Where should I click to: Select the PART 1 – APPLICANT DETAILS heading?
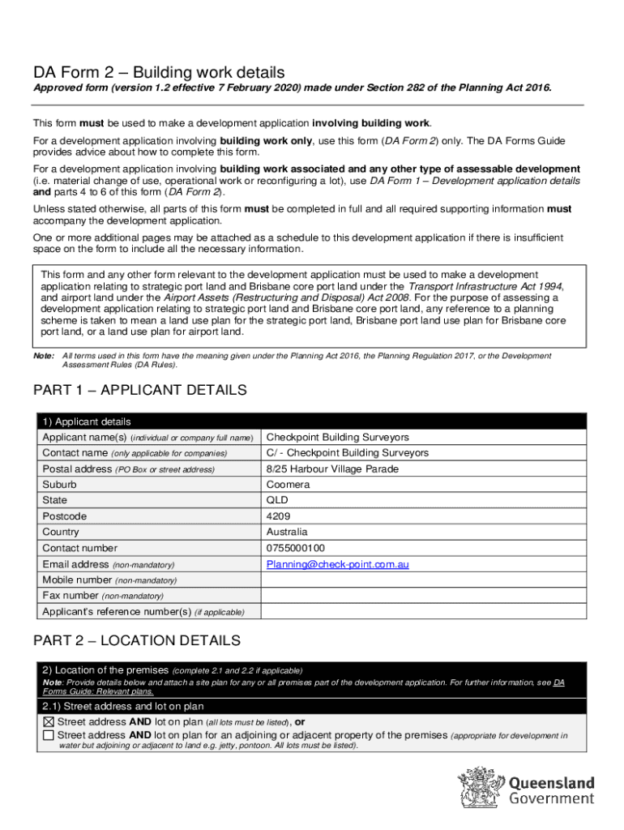[x=139, y=391]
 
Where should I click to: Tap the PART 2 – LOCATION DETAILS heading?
[x=136, y=640]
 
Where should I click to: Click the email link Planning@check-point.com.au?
[x=337, y=564]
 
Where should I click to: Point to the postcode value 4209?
[x=278, y=516]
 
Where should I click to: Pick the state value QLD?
[x=277, y=501]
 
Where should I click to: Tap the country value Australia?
[x=287, y=533]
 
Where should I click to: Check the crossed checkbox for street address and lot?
[x=49, y=721]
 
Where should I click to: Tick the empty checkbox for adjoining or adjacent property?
[x=49, y=735]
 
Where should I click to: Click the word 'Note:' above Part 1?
[x=43, y=356]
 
